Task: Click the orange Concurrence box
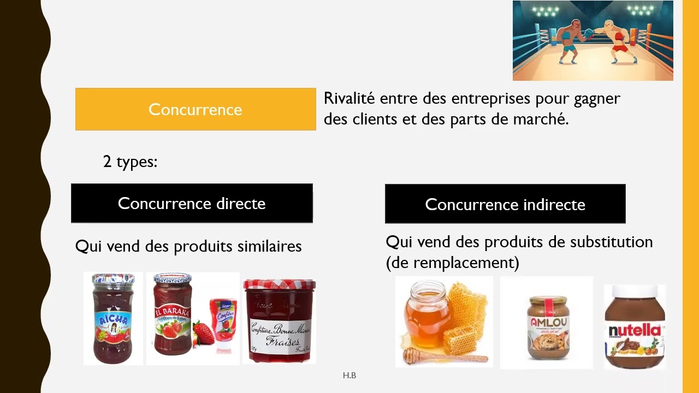[196, 109]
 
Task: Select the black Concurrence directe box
[192, 204]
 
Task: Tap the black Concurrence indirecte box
[505, 204]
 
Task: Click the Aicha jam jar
[113, 319]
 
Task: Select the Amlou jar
[547, 326]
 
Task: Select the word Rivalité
[349, 99]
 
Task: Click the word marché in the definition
[541, 120]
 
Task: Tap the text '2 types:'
[130, 162]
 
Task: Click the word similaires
[269, 246]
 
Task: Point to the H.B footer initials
[349, 376]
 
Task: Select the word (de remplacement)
[452, 263]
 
